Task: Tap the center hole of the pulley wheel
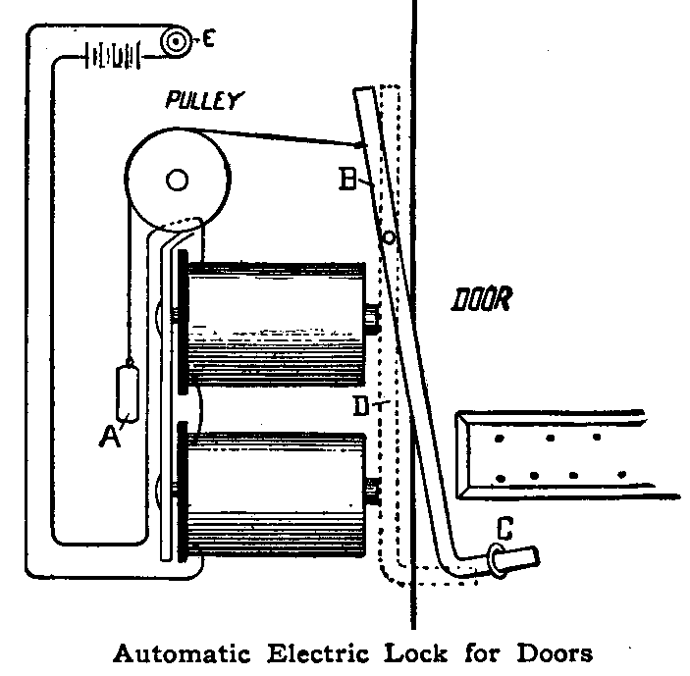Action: pos(177,180)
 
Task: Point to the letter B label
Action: pos(346,181)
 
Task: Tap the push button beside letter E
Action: pos(178,41)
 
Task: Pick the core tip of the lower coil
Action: pos(372,488)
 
